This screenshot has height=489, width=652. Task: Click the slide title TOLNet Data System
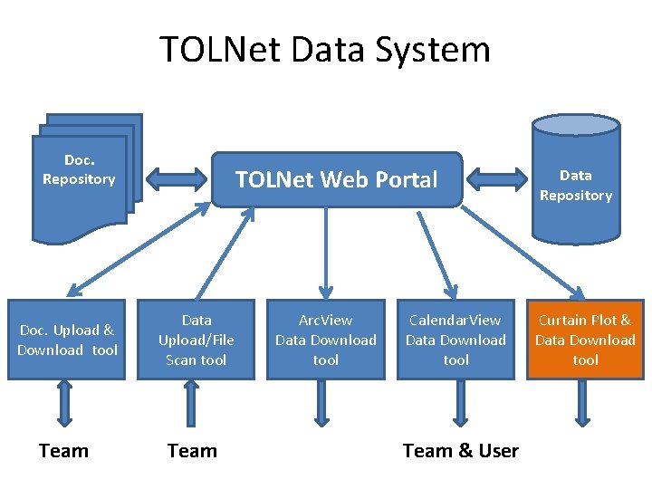pyautogui.click(x=325, y=49)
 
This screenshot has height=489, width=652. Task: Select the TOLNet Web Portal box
pyautogui.click(x=336, y=179)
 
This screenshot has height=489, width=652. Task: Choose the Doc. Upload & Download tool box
pyautogui.click(x=67, y=340)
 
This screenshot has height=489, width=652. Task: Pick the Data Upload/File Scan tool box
pyautogui.click(x=197, y=340)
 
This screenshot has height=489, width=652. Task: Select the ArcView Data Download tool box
pyautogui.click(x=326, y=340)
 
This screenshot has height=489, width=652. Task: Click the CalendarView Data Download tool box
pyautogui.click(x=455, y=340)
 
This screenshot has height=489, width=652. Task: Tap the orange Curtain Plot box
pyautogui.click(x=585, y=340)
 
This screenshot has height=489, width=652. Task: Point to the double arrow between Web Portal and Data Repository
pyautogui.click(x=496, y=177)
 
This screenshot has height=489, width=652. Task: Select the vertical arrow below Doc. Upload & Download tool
pyautogui.click(x=65, y=403)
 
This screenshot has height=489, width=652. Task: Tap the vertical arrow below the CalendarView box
pyautogui.click(x=461, y=403)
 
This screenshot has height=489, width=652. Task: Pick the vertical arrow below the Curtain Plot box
pyautogui.click(x=582, y=403)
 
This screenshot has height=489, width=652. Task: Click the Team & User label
pyautogui.click(x=460, y=451)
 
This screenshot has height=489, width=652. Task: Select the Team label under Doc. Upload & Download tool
pyautogui.click(x=64, y=451)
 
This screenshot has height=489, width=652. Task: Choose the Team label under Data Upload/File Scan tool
pyautogui.click(x=192, y=451)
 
